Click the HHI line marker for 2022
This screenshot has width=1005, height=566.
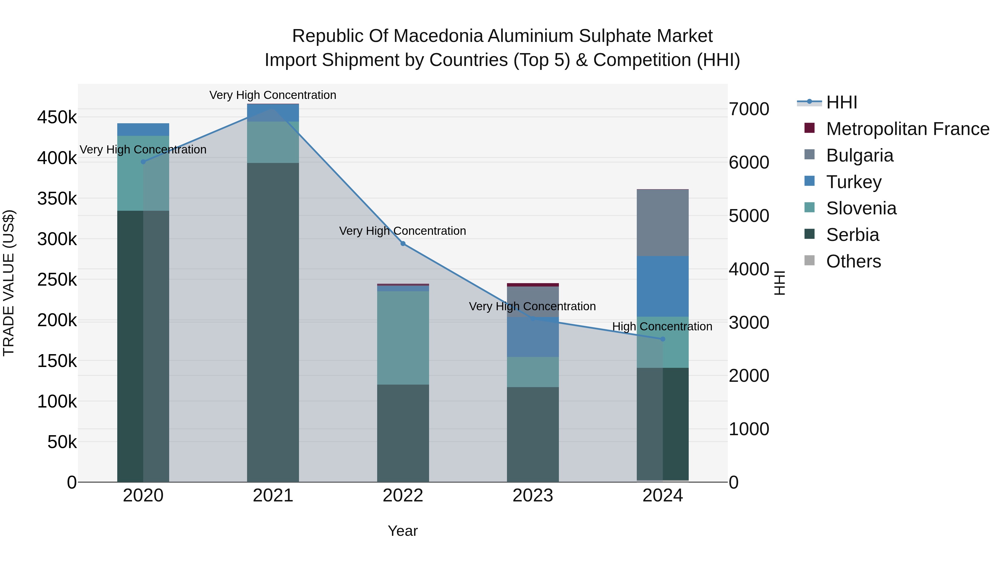(403, 244)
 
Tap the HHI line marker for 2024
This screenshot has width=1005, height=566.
(662, 339)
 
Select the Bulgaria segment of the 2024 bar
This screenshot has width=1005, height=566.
(662, 223)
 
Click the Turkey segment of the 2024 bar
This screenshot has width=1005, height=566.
(662, 286)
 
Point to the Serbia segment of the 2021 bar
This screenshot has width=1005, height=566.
(273, 322)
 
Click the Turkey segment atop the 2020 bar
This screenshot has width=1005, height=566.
(143, 129)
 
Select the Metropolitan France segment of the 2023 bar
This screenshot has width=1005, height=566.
(533, 285)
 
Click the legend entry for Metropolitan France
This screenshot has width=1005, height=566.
(908, 129)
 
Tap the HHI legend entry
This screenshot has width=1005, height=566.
(841, 102)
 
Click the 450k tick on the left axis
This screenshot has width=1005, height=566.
(57, 117)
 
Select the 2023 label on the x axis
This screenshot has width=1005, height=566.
(533, 496)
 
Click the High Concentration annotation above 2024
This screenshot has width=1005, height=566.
(662, 326)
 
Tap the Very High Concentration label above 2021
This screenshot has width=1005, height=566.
(273, 95)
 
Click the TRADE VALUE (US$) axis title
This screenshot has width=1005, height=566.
(9, 283)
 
